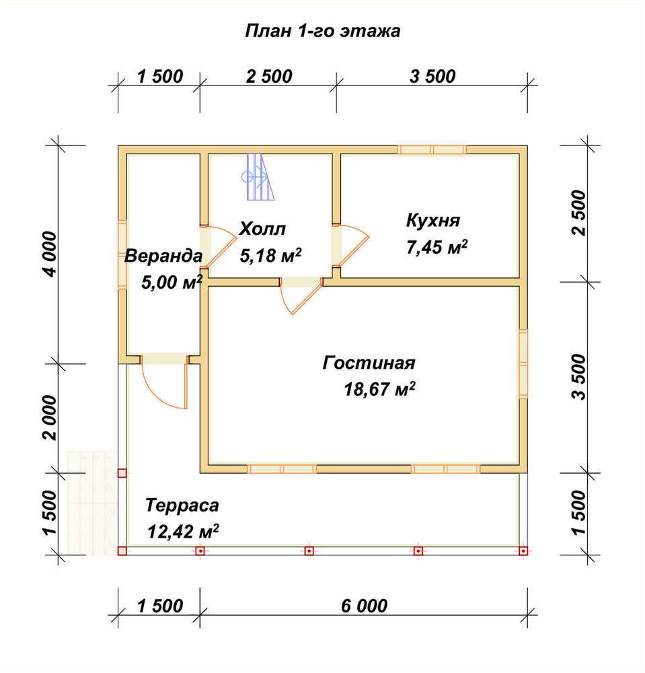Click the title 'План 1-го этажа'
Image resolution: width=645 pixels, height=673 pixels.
[323, 32]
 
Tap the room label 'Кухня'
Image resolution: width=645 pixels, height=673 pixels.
[432, 220]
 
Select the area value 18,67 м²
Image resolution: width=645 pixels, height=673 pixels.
[379, 389]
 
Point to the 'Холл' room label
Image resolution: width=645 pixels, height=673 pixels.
[262, 229]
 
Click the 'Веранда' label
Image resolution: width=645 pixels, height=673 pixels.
[163, 256]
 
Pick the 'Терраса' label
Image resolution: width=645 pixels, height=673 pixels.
[182, 505]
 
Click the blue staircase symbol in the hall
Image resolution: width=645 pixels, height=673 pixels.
[258, 177]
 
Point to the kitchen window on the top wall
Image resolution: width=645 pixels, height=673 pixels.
[432, 150]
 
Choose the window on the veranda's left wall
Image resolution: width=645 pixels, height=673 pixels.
[122, 254]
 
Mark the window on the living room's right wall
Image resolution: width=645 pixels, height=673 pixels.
[523, 364]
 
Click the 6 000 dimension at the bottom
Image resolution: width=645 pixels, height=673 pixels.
[364, 606]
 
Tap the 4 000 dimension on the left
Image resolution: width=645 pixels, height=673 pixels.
[50, 254]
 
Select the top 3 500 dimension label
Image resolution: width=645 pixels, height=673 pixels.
[432, 77]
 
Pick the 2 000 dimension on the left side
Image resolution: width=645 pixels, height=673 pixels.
[50, 418]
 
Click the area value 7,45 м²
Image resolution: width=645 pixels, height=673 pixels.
[437, 248]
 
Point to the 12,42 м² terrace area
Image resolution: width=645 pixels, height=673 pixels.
[183, 532]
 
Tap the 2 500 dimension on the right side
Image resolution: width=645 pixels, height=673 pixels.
[578, 213]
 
